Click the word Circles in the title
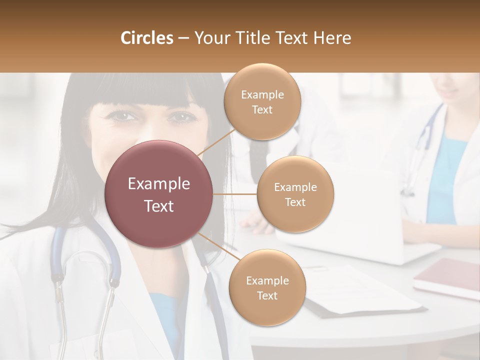pyautogui.click(x=146, y=38)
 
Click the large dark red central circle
pyautogui.click(x=159, y=194)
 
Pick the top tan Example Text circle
pyautogui.click(x=262, y=101)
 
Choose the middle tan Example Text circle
pyautogui.click(x=295, y=194)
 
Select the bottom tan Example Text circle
pyautogui.click(x=267, y=288)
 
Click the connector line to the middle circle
pyautogui.click(x=235, y=194)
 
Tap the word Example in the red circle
pyautogui.click(x=159, y=184)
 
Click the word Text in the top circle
pyautogui.click(x=262, y=109)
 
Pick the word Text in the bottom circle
pyautogui.click(x=267, y=296)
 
